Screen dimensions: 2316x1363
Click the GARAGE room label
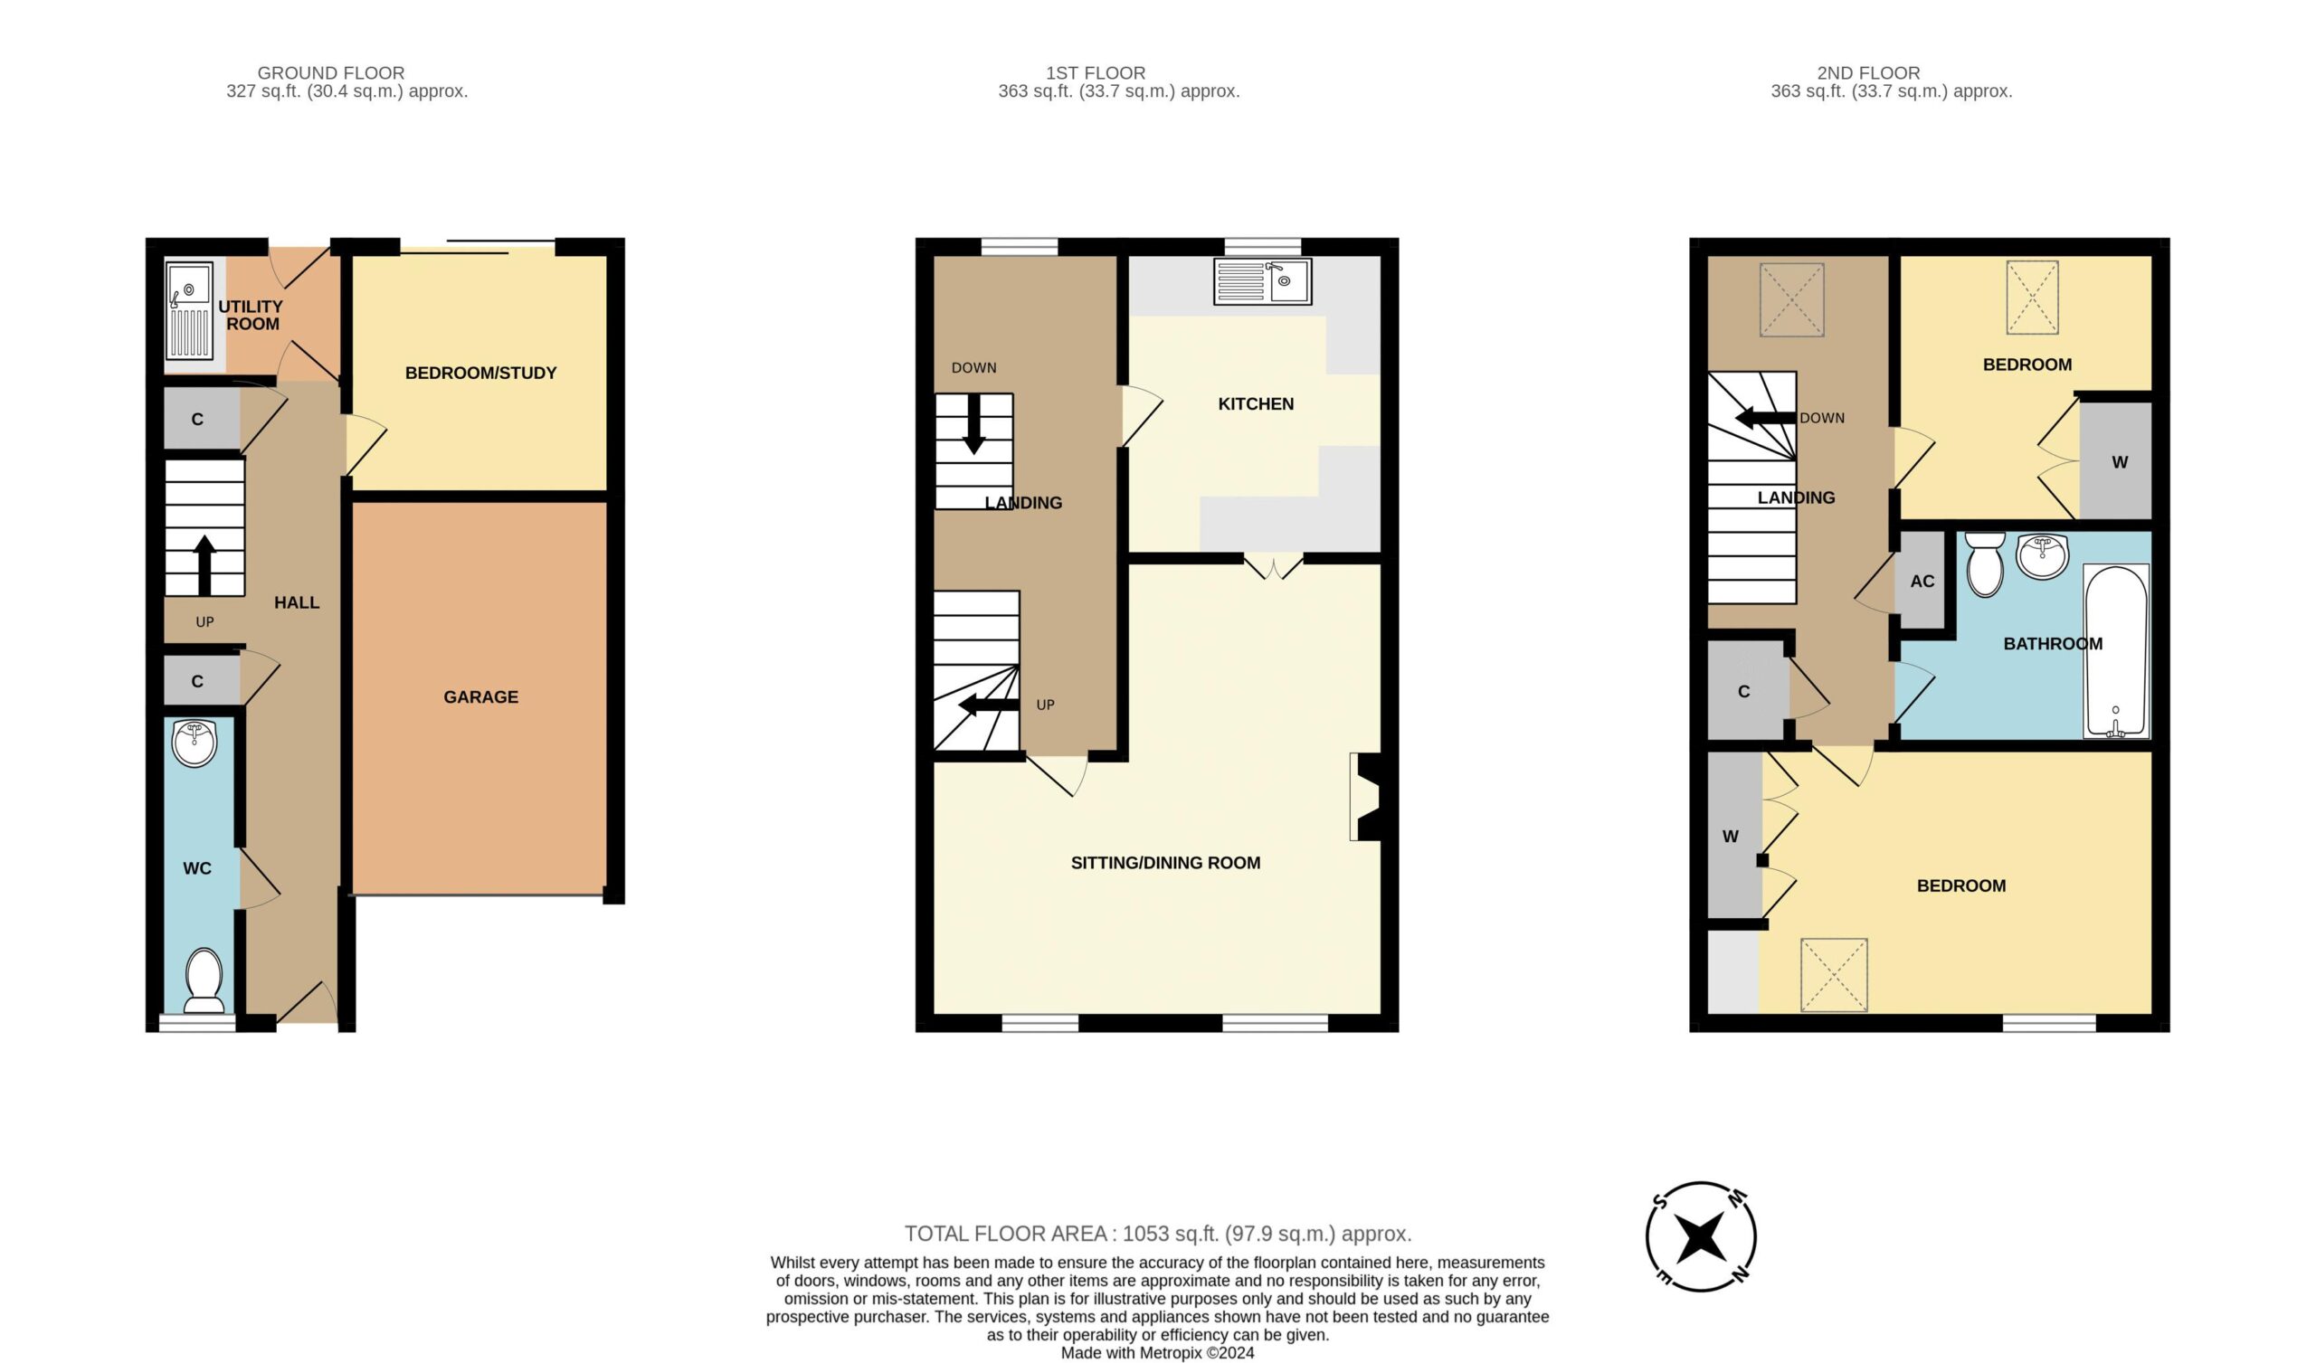(x=480, y=696)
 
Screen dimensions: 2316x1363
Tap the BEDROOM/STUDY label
(x=480, y=373)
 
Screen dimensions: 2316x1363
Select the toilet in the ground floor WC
(x=204, y=980)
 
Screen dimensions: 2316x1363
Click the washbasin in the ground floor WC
(x=195, y=743)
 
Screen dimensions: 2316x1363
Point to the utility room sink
(x=189, y=310)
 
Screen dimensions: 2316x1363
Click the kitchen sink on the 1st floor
(x=1263, y=281)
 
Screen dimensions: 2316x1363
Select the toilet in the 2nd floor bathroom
(x=1985, y=564)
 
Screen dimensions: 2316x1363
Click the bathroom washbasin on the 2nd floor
(x=2043, y=555)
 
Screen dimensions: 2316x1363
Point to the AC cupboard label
(x=1922, y=581)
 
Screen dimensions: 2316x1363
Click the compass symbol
(x=1701, y=1236)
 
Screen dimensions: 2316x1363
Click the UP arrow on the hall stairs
(x=204, y=564)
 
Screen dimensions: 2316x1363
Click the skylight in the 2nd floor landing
(x=1792, y=299)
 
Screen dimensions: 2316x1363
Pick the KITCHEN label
(x=1256, y=403)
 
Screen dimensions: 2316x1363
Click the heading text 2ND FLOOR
(x=1868, y=72)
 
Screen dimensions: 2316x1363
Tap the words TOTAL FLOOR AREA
(x=1005, y=1234)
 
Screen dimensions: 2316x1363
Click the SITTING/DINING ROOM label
(x=1165, y=862)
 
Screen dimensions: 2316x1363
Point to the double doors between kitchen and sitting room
(x=1274, y=566)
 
